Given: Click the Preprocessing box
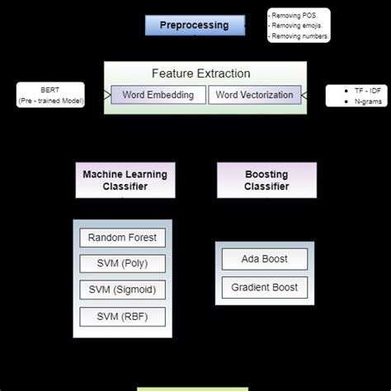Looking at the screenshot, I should [195, 25].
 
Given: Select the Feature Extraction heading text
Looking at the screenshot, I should [200, 73].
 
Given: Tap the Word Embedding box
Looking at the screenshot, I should [158, 95].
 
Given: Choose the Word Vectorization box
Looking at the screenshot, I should [253, 95].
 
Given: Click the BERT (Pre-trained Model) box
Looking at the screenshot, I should [50, 95].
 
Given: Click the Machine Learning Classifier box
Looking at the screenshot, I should [125, 180].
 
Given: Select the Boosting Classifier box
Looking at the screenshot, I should [266, 180].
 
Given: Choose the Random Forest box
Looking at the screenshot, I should [122, 238].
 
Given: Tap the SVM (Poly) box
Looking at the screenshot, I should [122, 264].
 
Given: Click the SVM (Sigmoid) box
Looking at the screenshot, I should [122, 290].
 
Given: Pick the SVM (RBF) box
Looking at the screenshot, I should [122, 316].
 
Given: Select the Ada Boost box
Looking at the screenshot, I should [264, 259].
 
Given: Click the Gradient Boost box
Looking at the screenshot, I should [264, 287].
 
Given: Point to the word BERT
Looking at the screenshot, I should [50, 89].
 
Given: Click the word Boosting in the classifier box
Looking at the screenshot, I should [266, 174].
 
